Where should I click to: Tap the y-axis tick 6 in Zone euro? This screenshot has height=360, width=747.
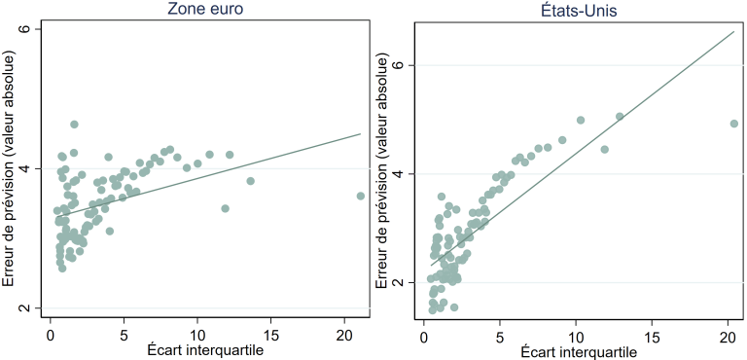pyautogui.click(x=26, y=29)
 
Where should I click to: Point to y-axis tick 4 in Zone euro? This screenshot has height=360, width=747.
pyautogui.click(x=26, y=168)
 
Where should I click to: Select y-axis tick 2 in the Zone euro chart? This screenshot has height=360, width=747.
pyautogui.click(x=26, y=308)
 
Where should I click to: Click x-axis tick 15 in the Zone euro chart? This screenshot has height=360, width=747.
pyautogui.click(x=271, y=329)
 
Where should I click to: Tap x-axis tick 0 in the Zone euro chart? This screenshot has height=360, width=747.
pyautogui.click(x=51, y=329)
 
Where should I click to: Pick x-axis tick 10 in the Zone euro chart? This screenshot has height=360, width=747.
pyautogui.click(x=197, y=329)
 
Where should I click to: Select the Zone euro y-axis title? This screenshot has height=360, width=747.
pyautogui.click(x=9, y=168)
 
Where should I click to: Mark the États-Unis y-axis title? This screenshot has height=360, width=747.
pyautogui.click(x=381, y=170)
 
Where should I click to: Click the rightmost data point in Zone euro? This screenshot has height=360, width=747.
pyautogui.click(x=361, y=196)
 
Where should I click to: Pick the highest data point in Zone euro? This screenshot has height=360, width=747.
pyautogui.click(x=74, y=125)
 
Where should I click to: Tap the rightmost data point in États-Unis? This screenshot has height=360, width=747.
pyautogui.click(x=734, y=124)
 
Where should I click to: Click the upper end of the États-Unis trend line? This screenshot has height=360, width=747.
pyautogui.click(x=734, y=31)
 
